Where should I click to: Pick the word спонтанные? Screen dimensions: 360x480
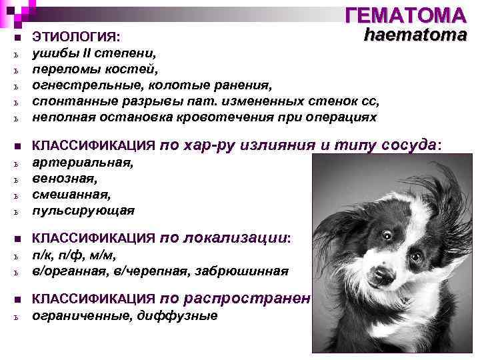click(x=68, y=101)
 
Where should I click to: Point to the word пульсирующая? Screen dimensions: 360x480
click(x=83, y=211)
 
